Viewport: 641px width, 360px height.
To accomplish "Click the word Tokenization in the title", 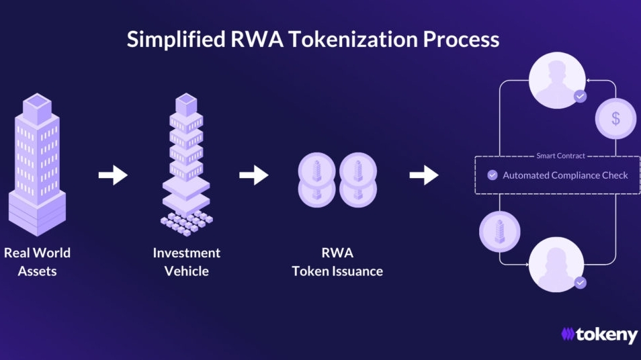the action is coord(353,40).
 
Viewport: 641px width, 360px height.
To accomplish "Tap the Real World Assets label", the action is coord(37,262).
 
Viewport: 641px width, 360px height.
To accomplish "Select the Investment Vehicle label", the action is coord(186,262).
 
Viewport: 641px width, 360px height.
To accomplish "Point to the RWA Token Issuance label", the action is coord(337,262).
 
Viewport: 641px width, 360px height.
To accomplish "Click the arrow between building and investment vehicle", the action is coord(114,175).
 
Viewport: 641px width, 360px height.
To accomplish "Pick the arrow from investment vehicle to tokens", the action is coord(254,175).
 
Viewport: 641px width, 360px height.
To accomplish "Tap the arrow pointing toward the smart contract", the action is coord(424,175).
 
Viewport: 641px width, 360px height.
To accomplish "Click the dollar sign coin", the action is coord(615,118).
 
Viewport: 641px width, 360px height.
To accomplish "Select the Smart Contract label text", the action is coord(560,156).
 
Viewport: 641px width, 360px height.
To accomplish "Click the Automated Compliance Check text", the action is coord(565,175).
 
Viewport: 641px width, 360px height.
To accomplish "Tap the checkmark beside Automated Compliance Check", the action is coord(493,175).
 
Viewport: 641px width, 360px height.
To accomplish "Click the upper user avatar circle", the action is coord(557,80).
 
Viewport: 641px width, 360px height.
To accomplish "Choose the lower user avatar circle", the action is coord(556,265).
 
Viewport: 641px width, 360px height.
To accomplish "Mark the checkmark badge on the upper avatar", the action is coord(580,97).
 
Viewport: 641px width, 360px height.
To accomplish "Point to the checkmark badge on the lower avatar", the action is coord(580,282).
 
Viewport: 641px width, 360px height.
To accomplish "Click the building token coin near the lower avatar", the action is coord(499,232).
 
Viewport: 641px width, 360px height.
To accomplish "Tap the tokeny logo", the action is coord(599,334).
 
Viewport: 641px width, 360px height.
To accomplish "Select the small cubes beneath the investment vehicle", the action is coord(187,224).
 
